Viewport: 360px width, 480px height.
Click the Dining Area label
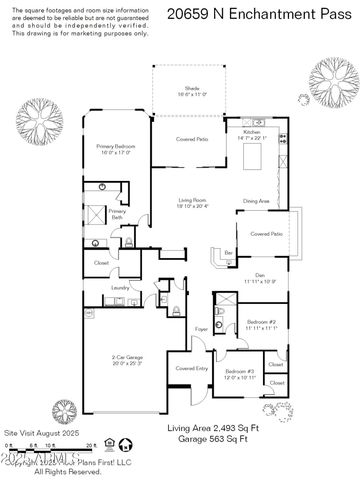tap(258, 202)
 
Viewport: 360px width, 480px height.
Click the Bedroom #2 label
tap(258, 324)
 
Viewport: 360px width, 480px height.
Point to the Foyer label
tap(201, 328)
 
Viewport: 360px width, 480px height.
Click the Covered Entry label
tap(192, 369)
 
